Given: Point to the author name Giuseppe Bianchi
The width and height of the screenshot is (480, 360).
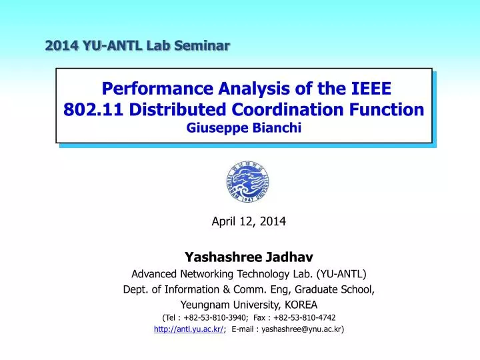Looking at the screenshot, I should [x=246, y=129].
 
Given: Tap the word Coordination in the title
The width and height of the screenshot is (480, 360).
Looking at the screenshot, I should [x=281, y=109].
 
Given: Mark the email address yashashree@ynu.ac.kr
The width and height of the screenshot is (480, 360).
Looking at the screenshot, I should [x=303, y=329].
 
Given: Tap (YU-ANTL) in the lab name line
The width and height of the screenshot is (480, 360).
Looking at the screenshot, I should [x=338, y=273].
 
